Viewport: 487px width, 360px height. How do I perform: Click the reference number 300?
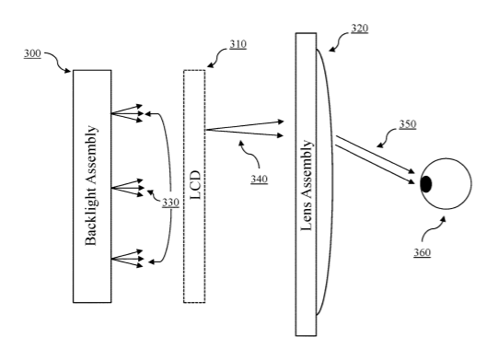coord(32,53)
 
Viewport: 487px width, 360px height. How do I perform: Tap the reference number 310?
coord(238,44)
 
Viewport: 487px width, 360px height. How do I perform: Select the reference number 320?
coord(360,29)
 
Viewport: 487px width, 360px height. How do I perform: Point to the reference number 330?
coord(171,203)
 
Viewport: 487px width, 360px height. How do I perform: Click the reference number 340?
coord(260,180)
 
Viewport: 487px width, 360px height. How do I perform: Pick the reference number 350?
coord(408,124)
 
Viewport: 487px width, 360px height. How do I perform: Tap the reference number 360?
coord(422,252)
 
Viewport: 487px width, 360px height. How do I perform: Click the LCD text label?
coord(195,185)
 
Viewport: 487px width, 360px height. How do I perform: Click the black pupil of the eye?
coord(426,184)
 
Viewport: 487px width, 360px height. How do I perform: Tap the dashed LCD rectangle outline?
coord(183,186)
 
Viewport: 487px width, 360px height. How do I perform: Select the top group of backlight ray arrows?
coord(127,113)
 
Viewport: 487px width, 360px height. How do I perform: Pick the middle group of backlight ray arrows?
coord(127,188)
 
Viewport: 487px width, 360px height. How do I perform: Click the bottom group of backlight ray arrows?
coord(127,259)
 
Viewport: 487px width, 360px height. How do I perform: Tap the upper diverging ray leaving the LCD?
coord(245,125)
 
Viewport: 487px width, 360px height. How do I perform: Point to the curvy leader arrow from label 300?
coord(58,62)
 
